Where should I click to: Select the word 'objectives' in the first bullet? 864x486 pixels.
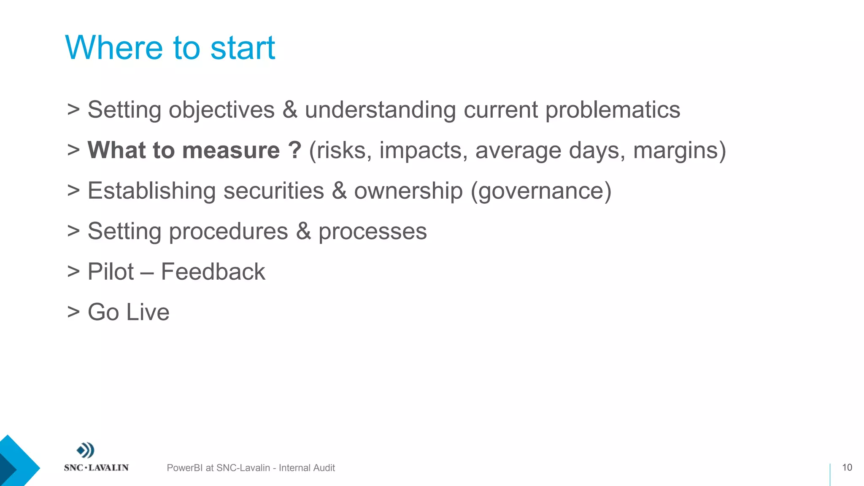pos(221,110)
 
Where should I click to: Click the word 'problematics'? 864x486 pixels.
pos(613,110)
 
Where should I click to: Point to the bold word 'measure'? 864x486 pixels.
pos(231,150)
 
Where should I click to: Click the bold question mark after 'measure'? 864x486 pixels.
pos(295,150)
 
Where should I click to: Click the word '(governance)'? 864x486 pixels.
pos(540,191)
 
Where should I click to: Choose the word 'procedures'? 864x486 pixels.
pos(228,232)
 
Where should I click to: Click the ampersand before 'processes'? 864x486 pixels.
pos(303,231)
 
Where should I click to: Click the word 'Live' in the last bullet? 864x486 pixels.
pos(148,312)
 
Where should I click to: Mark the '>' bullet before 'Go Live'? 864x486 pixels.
pos(73,312)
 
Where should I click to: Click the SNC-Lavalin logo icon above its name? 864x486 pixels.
pos(86,451)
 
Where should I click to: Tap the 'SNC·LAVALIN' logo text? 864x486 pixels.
pos(96,467)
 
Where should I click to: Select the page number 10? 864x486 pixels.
pos(847,467)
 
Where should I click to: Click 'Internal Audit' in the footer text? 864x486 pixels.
pos(307,468)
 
